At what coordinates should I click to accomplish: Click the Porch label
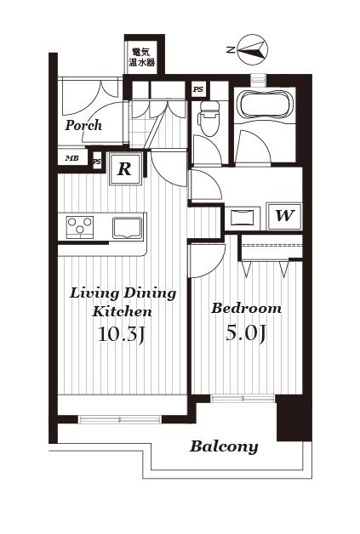(x=83, y=125)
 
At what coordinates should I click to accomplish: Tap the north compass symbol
(x=252, y=49)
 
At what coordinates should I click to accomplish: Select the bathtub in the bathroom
(x=265, y=104)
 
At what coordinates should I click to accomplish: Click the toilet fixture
(x=209, y=118)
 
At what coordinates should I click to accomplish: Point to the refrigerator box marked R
(x=125, y=169)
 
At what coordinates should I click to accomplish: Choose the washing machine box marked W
(x=284, y=216)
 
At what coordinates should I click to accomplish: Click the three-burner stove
(x=80, y=226)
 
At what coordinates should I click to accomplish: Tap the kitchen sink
(x=127, y=228)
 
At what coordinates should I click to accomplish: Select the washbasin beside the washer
(x=242, y=217)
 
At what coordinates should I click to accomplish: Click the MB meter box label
(x=72, y=158)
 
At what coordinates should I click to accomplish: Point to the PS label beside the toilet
(x=197, y=89)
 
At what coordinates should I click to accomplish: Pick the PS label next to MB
(x=97, y=162)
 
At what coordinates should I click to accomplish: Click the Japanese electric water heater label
(x=140, y=57)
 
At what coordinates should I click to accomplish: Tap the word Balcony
(x=224, y=446)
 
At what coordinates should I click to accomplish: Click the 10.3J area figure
(x=122, y=334)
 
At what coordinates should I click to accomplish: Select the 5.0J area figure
(x=246, y=332)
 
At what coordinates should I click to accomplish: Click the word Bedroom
(x=246, y=308)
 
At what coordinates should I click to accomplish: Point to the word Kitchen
(x=122, y=311)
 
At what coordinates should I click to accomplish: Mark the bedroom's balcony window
(x=243, y=398)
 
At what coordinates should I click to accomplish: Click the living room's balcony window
(x=120, y=419)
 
